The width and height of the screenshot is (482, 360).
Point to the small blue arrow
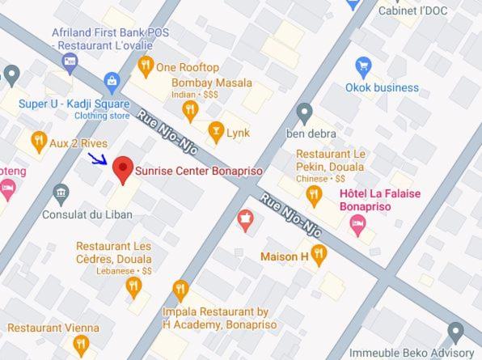click(97, 158)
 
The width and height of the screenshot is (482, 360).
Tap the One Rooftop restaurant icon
click(146, 68)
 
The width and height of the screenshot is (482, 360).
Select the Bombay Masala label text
click(211, 83)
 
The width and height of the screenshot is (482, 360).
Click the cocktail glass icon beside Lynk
click(215, 132)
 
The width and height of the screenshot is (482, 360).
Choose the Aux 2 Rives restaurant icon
click(38, 142)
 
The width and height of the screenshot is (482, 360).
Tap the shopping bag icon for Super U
click(112, 82)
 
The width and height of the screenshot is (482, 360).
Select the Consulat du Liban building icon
click(61, 193)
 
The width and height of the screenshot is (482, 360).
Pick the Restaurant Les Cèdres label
click(113, 252)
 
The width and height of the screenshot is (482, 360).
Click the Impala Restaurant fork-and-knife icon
click(180, 289)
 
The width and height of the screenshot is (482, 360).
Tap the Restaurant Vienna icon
click(80, 345)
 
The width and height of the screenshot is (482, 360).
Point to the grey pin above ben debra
click(304, 112)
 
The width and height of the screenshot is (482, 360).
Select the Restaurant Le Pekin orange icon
click(314, 195)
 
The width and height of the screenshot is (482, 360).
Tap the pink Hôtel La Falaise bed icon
click(358, 224)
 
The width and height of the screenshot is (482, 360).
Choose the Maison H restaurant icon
click(319, 256)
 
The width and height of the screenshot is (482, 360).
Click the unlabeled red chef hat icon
click(245, 218)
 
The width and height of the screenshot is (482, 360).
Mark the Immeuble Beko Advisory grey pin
click(455, 332)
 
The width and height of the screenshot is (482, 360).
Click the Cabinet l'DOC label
click(413, 11)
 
